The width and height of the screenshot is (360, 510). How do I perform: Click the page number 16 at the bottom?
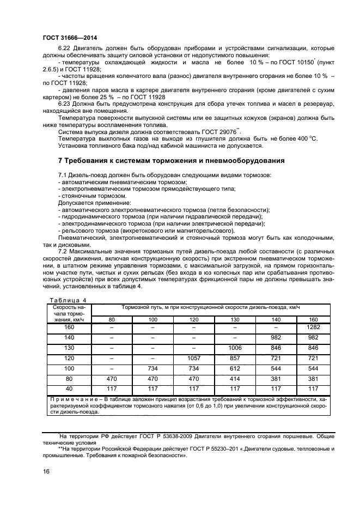pos(46,472)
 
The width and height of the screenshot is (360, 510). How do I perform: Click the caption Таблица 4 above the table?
pos(68,300)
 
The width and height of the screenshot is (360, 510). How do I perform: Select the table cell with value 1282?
pos(314,327)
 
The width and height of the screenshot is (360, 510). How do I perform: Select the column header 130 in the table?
pos(235,319)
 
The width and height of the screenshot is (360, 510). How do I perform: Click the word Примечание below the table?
pos(71,399)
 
